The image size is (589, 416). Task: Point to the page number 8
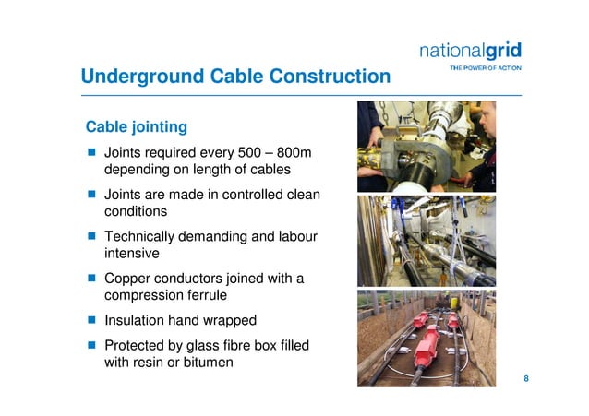pyautogui.click(x=526, y=379)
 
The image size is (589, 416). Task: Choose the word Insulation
pyautogui.click(x=138, y=320)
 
